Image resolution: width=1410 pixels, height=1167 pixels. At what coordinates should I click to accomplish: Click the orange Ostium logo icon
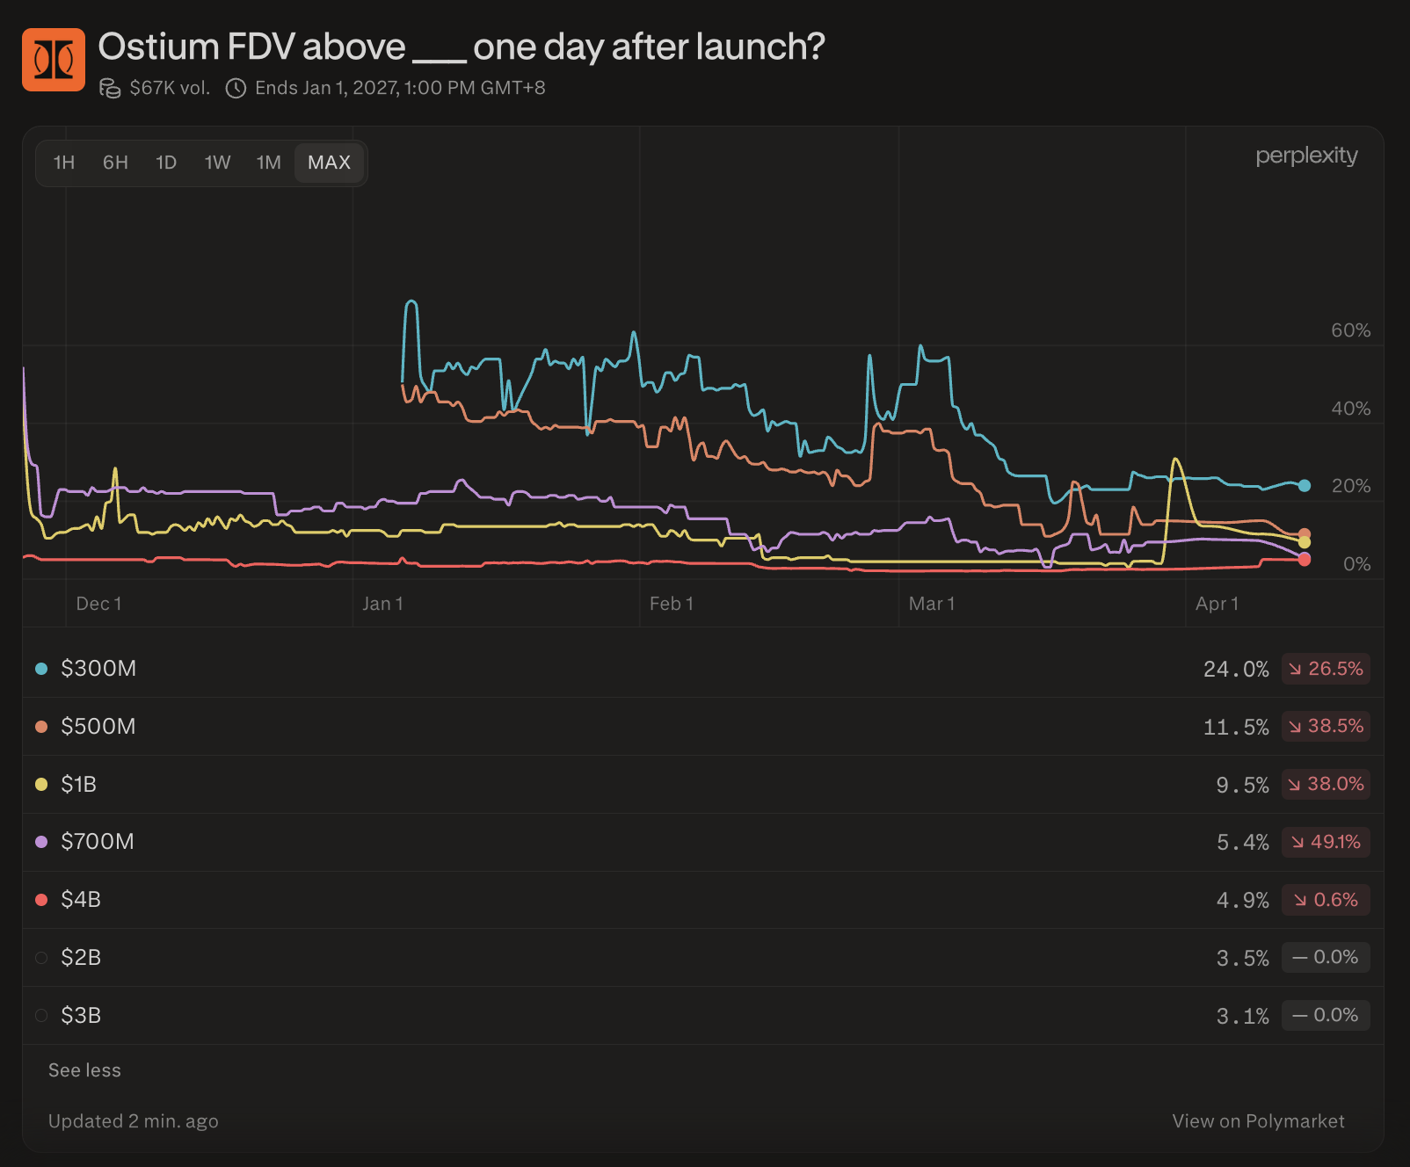(54, 60)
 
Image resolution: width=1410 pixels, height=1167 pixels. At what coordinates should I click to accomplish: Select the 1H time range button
(64, 163)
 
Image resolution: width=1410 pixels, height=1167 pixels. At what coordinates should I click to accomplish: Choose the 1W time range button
(217, 163)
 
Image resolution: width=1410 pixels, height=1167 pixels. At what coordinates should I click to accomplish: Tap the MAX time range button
(329, 163)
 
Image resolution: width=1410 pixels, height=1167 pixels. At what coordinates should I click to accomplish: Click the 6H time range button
(115, 163)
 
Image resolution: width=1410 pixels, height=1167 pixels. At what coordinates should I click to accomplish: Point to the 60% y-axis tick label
(1350, 330)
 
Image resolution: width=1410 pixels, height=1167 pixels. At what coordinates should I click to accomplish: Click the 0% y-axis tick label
(1356, 564)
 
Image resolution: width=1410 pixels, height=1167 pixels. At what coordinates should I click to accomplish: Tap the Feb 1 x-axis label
(672, 604)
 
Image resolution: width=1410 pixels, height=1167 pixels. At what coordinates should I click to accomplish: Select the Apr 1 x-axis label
(1217, 604)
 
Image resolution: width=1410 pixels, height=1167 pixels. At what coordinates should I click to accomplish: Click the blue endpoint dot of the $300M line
(1305, 485)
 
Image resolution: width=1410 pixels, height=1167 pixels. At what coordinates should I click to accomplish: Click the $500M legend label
(98, 727)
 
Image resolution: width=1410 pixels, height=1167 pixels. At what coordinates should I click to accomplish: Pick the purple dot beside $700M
(41, 842)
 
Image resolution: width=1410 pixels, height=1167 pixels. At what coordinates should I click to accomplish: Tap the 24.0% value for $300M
(1236, 670)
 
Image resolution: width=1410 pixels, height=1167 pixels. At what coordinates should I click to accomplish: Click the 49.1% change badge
(1326, 842)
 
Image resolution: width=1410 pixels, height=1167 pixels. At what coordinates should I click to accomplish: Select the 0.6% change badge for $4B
(1326, 900)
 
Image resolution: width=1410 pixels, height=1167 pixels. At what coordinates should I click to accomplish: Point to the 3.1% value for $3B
(1242, 1017)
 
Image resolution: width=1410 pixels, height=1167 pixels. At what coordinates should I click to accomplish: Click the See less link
(84, 1070)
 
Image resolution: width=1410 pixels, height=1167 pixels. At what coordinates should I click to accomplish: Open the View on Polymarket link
(1258, 1121)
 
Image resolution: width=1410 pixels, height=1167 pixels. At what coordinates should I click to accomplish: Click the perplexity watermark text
(1306, 156)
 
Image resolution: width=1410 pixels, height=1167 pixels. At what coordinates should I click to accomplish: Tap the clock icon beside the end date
(236, 88)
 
